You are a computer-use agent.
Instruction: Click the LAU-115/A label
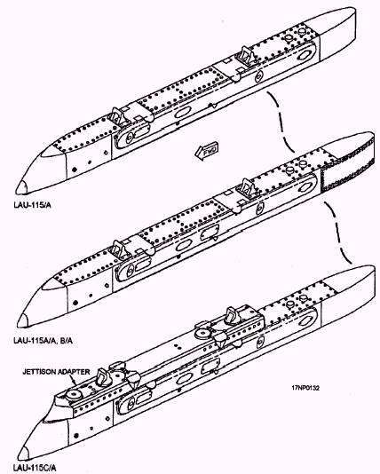(x=32, y=205)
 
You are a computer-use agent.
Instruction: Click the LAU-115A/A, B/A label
(x=44, y=341)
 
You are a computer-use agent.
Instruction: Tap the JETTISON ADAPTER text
(x=56, y=372)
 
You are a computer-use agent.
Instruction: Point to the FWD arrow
(x=207, y=150)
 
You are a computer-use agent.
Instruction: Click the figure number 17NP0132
(x=305, y=388)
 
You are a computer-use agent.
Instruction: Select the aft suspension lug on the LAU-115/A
(x=247, y=56)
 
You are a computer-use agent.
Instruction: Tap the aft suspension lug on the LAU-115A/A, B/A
(x=249, y=188)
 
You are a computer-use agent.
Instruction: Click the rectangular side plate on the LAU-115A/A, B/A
(x=209, y=233)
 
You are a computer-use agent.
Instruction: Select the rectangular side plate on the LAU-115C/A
(x=210, y=366)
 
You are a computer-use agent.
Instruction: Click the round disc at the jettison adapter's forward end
(x=75, y=394)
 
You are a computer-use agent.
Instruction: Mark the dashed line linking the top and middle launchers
(x=281, y=121)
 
